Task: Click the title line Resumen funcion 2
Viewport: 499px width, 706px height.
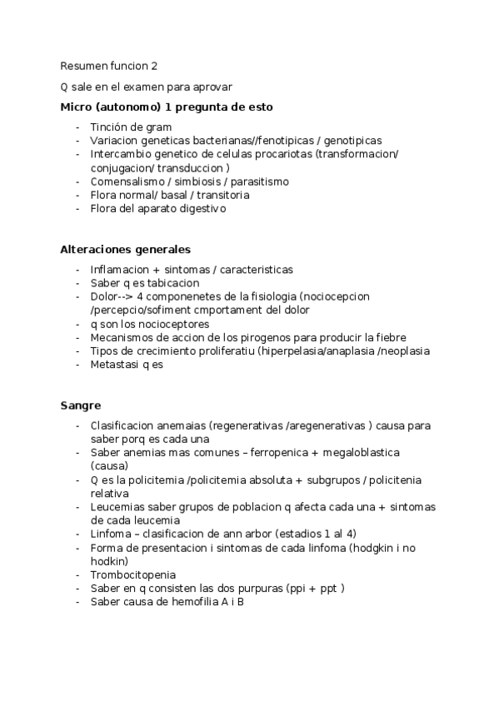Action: click(107, 67)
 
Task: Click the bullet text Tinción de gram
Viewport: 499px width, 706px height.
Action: click(131, 127)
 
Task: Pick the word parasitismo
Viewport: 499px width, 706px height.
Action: click(259, 181)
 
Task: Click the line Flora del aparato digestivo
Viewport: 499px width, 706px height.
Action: click(157, 209)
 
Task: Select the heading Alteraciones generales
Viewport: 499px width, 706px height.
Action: click(125, 249)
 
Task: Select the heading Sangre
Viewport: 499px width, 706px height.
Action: click(81, 405)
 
